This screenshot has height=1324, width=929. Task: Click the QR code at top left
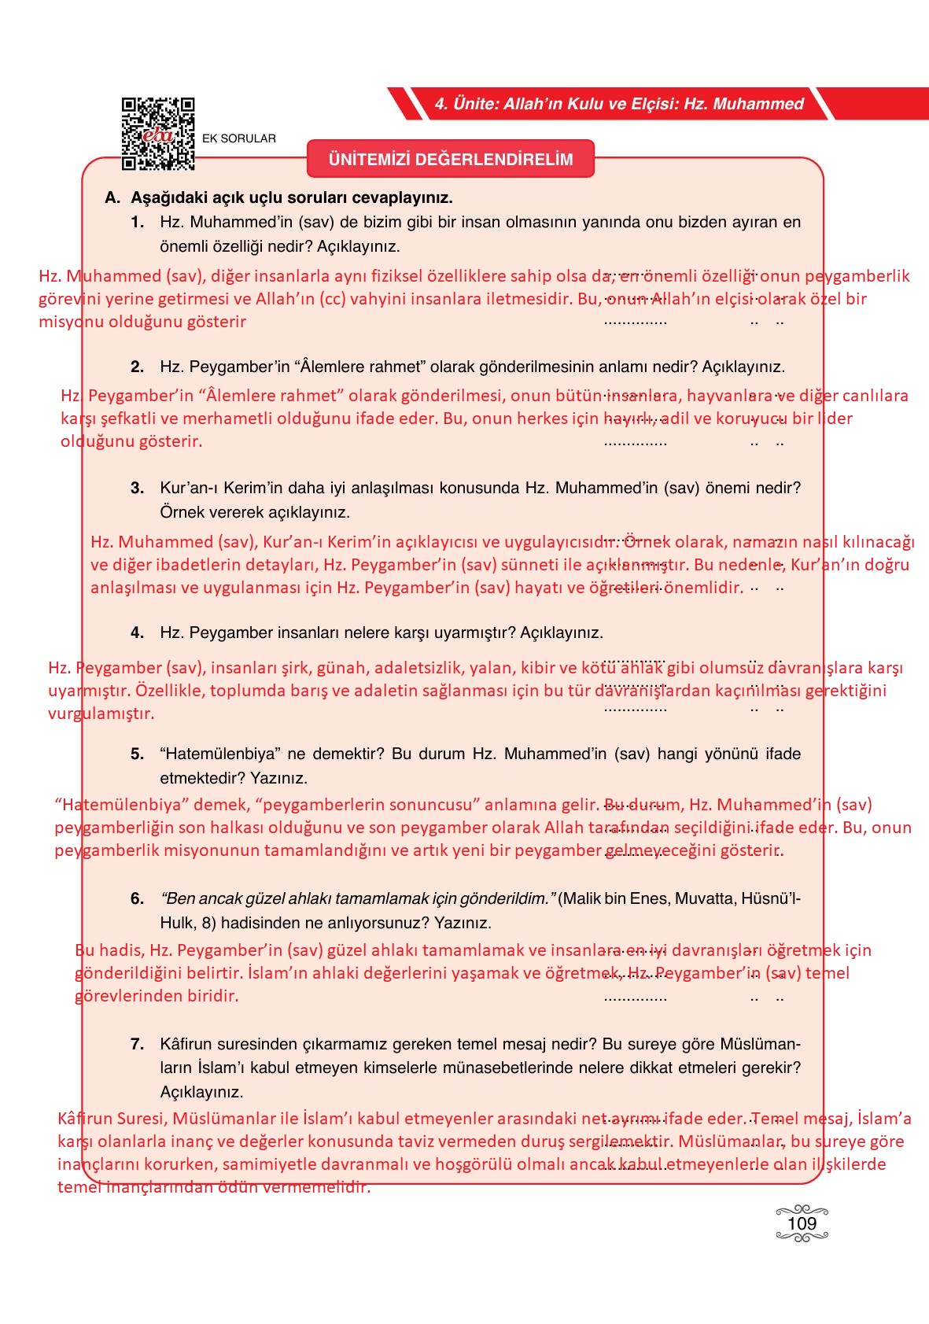(x=157, y=134)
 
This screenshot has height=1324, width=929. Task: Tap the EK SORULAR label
(x=239, y=138)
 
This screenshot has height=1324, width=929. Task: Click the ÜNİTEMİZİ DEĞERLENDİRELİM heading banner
(x=450, y=160)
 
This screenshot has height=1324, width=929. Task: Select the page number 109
(x=802, y=1223)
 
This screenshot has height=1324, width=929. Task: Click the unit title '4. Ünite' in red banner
(x=619, y=104)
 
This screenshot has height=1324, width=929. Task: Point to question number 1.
(x=138, y=223)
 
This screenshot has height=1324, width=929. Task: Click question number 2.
(x=138, y=367)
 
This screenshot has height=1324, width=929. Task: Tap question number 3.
(x=138, y=488)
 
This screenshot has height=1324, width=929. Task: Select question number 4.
(x=138, y=632)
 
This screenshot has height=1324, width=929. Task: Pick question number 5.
(x=138, y=754)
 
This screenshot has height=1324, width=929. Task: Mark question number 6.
(x=138, y=898)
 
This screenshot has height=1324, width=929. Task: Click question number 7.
(x=138, y=1044)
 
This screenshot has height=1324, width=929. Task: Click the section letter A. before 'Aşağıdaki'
(x=112, y=197)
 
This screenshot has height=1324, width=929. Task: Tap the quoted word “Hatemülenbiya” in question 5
(x=219, y=754)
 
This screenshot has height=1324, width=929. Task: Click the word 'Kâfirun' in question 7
(x=185, y=1044)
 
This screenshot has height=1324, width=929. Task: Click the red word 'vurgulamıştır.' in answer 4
(x=101, y=714)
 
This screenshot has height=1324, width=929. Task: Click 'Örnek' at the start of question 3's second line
(x=180, y=512)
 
